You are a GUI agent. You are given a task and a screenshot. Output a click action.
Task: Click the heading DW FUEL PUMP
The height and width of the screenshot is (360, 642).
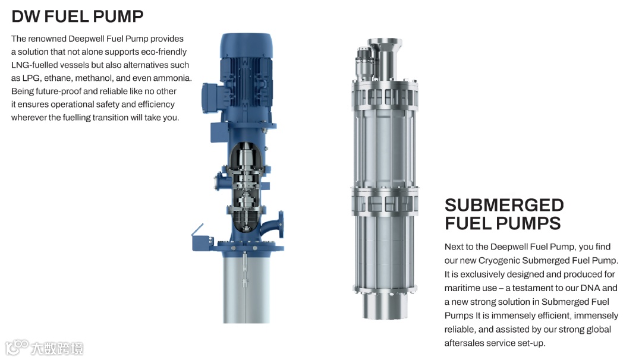coord(77,17)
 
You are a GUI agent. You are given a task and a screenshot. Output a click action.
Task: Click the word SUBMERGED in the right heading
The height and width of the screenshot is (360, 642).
coord(504,205)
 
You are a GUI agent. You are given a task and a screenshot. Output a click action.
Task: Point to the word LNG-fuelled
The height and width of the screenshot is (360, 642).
coord(34,65)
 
